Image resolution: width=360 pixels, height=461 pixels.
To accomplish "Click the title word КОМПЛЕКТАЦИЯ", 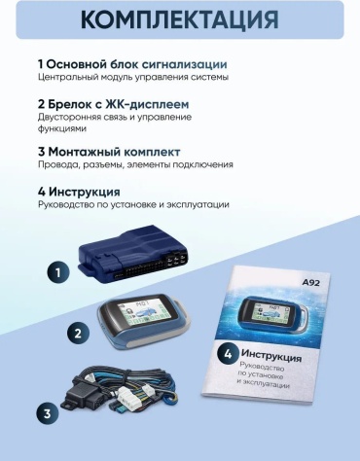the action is coord(180,19).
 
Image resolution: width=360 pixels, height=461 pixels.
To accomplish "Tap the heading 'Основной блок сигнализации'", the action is coord(136,64).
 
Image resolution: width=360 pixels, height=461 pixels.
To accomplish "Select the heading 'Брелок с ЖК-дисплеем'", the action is coord(119,104).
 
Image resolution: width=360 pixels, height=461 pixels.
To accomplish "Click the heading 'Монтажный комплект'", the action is coord(114,152).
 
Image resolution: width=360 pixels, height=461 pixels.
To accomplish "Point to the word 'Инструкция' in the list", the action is coord(85,192).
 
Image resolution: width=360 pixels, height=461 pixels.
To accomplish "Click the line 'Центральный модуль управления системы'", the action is coord(133,78).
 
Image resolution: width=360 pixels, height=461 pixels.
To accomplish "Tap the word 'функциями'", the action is coord(62,128).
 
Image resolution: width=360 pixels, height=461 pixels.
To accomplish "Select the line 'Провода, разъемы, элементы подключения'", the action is coord(135,164).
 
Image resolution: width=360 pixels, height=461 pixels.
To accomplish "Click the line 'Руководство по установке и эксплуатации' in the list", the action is coord(133,205).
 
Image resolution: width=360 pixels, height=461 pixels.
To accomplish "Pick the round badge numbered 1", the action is coord(58,272).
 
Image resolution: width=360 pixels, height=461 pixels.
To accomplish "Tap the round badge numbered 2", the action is coord(78,334).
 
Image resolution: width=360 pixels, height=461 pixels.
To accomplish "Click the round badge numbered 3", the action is coord(48,414).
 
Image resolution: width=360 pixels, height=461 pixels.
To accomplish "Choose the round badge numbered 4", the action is coord(228,354).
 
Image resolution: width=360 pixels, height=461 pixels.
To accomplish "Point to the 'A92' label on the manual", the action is coord(310,283).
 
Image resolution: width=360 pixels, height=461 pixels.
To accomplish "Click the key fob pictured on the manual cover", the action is coord(273,314).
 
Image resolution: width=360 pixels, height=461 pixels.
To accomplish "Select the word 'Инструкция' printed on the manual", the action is coord(271,355).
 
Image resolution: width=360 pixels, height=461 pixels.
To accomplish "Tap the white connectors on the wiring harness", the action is coord(134,397).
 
